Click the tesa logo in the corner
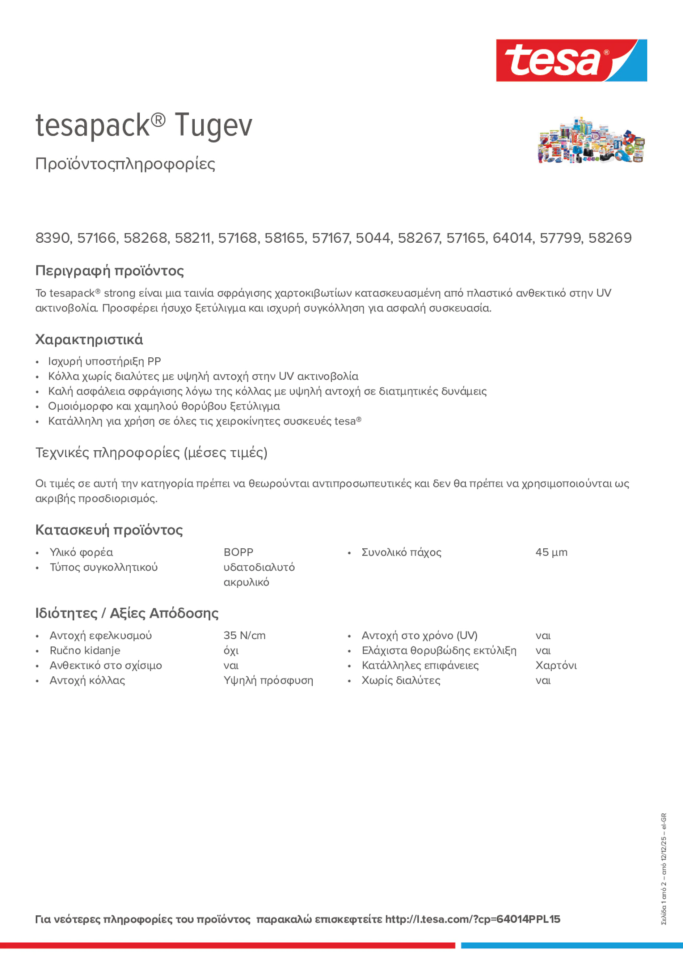click(x=571, y=60)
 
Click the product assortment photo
click(x=591, y=140)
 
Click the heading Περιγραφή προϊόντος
click(x=109, y=271)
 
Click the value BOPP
click(x=238, y=552)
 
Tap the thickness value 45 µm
click(x=551, y=552)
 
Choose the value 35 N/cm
click(x=244, y=635)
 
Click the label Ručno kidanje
click(x=85, y=651)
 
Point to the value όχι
click(x=231, y=651)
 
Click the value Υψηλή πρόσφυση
click(x=268, y=680)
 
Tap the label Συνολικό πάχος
click(x=401, y=552)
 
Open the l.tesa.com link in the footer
click(x=472, y=919)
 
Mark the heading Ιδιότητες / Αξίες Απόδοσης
click(x=127, y=613)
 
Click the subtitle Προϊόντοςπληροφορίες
click(x=125, y=164)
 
